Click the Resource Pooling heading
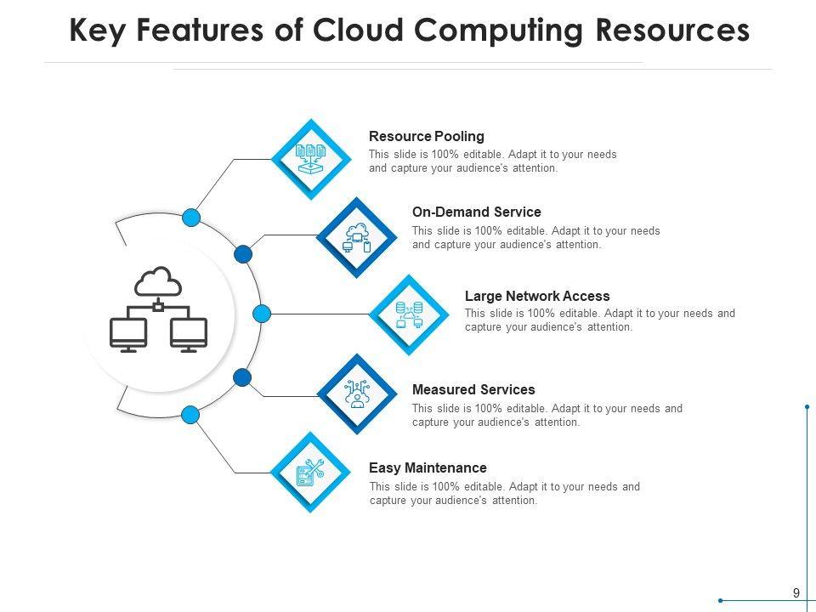click(426, 136)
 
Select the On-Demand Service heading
click(476, 212)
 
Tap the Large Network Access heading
click(537, 296)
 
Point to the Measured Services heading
click(473, 389)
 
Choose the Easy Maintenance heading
click(428, 467)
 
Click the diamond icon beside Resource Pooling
click(311, 159)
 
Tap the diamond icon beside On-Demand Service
click(356, 236)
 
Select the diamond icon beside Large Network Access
click(410, 314)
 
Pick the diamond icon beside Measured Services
click(358, 394)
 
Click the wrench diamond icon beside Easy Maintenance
click(310, 473)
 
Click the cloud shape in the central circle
click(159, 281)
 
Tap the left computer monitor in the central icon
click(128, 333)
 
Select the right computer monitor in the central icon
click(189, 333)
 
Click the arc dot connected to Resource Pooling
click(192, 218)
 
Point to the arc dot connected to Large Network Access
click(262, 314)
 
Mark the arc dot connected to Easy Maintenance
click(191, 415)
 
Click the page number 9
click(796, 593)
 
